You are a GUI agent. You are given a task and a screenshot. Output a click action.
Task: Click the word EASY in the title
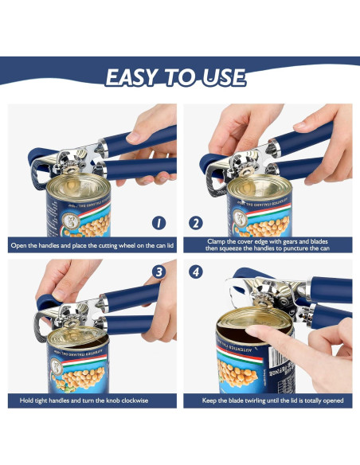click(x=131, y=77)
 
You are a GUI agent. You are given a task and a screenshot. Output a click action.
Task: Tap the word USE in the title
click(x=224, y=77)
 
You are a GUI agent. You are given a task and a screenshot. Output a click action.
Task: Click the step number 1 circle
click(x=158, y=223)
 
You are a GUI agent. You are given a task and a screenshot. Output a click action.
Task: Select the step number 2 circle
click(x=196, y=223)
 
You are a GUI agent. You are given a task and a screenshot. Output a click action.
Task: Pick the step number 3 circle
click(x=159, y=272)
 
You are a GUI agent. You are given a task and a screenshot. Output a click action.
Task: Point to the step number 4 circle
click(x=196, y=272)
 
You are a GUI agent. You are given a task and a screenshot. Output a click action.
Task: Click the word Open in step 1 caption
click(x=18, y=245)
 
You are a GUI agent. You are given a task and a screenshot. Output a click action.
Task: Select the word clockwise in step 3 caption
click(x=135, y=401)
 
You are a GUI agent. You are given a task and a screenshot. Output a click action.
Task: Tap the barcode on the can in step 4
click(x=277, y=358)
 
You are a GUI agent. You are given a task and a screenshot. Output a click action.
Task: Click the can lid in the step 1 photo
click(x=78, y=186)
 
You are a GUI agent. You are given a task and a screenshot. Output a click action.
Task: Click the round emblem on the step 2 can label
click(x=240, y=218)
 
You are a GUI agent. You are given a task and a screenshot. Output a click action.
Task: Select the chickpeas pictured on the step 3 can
click(x=80, y=377)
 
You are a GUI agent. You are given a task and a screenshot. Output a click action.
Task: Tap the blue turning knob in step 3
click(x=48, y=302)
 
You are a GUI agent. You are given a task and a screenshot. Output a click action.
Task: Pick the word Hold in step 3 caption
click(x=26, y=401)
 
